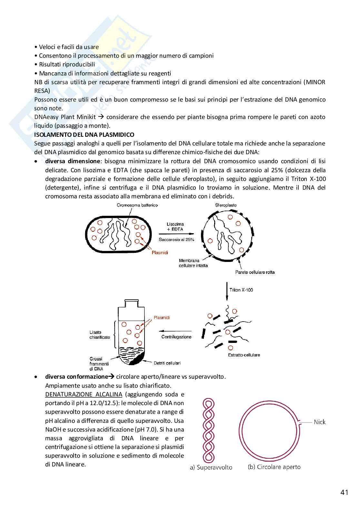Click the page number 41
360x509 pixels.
(x=344, y=493)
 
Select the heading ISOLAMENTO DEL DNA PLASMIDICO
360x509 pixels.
(x=84, y=135)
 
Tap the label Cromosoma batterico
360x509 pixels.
(x=137, y=205)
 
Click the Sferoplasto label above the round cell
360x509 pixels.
(x=226, y=205)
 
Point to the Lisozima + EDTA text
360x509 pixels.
(x=175, y=226)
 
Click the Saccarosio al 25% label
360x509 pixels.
(x=176, y=240)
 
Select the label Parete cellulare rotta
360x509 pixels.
(x=255, y=272)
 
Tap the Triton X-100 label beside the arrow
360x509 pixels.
(x=241, y=290)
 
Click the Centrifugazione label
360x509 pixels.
(x=176, y=337)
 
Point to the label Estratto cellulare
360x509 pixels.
(x=244, y=355)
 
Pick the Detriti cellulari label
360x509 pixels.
(x=167, y=363)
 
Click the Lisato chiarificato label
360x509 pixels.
(x=100, y=334)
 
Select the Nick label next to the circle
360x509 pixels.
(x=320, y=422)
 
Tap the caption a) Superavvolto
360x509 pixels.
(x=211, y=467)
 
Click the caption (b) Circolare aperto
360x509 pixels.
(x=274, y=467)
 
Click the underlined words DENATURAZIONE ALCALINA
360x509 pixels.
(x=84, y=394)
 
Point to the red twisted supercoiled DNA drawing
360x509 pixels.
(x=208, y=431)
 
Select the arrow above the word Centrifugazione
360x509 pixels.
(x=176, y=331)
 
